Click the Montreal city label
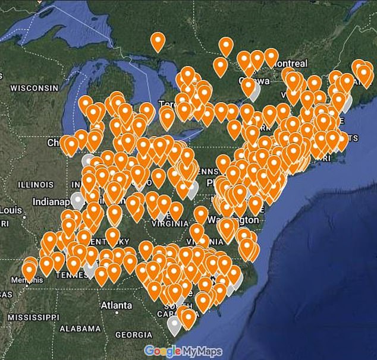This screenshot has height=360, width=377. (x=290, y=64)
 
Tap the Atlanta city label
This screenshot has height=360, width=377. (x=116, y=305)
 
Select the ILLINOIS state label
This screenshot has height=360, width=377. (x=36, y=185)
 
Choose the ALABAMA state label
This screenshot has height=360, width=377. (x=80, y=329)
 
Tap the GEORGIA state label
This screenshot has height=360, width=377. (x=133, y=334)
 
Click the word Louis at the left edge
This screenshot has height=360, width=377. (x=11, y=210)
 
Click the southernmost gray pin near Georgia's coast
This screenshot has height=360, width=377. (x=174, y=324)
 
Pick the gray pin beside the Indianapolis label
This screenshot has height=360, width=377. (x=77, y=200)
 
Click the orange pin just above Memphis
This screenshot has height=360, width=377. (x=29, y=270)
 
